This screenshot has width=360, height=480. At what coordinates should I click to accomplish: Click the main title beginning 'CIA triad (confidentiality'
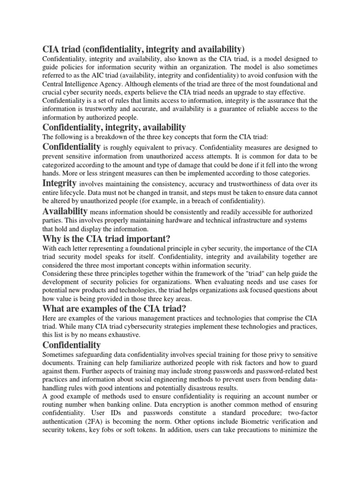pyautogui.click(x=143, y=49)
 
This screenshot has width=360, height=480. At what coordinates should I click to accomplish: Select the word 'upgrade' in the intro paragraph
pyautogui.click(x=237, y=92)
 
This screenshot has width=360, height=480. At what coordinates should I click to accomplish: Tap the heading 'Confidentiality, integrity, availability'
pyautogui.click(x=114, y=127)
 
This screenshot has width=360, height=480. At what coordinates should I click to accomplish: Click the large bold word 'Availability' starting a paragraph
pyautogui.click(x=65, y=211)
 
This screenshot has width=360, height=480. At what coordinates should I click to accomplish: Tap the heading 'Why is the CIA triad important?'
pyautogui.click(x=106, y=239)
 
